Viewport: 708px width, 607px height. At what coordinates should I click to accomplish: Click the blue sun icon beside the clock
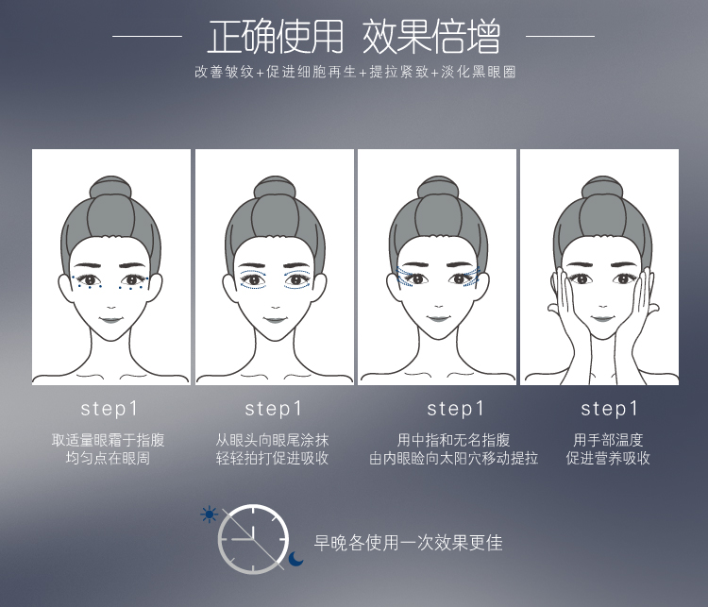pyautogui.click(x=209, y=514)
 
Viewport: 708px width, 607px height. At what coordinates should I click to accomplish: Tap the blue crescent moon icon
pyautogui.click(x=295, y=559)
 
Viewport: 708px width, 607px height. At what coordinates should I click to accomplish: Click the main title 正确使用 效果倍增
pyautogui.click(x=354, y=37)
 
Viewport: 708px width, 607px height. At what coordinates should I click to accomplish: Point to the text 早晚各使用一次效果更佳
pyautogui.click(x=408, y=543)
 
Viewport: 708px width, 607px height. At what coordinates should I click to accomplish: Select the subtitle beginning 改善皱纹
pyautogui.click(x=355, y=72)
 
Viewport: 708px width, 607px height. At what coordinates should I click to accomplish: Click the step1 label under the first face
pyautogui.click(x=109, y=409)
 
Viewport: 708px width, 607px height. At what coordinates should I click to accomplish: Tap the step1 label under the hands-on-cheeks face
pyautogui.click(x=609, y=409)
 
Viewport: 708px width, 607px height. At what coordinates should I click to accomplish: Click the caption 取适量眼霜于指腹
pyautogui.click(x=108, y=440)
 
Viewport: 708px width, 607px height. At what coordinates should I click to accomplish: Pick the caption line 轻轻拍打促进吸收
pyautogui.click(x=272, y=458)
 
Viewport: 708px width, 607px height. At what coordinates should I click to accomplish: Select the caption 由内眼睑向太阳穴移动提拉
pyautogui.click(x=454, y=458)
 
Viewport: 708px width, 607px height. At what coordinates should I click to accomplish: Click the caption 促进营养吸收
pyautogui.click(x=608, y=458)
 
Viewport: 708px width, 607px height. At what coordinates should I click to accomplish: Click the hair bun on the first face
pyautogui.click(x=111, y=187)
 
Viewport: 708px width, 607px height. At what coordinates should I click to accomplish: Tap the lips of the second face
pyautogui.click(x=275, y=320)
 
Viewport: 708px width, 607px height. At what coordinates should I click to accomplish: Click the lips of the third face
pyautogui.click(x=437, y=319)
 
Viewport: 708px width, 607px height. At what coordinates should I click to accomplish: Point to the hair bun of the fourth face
pyautogui.click(x=603, y=187)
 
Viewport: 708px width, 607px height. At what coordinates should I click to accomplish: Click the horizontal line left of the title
pyautogui.click(x=147, y=36)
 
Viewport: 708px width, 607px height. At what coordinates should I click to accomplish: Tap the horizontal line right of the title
pyautogui.click(x=560, y=36)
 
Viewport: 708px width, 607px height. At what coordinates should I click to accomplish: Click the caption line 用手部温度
pyautogui.click(x=608, y=440)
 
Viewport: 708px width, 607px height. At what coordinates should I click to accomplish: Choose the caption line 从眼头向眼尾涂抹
pyautogui.click(x=272, y=440)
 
